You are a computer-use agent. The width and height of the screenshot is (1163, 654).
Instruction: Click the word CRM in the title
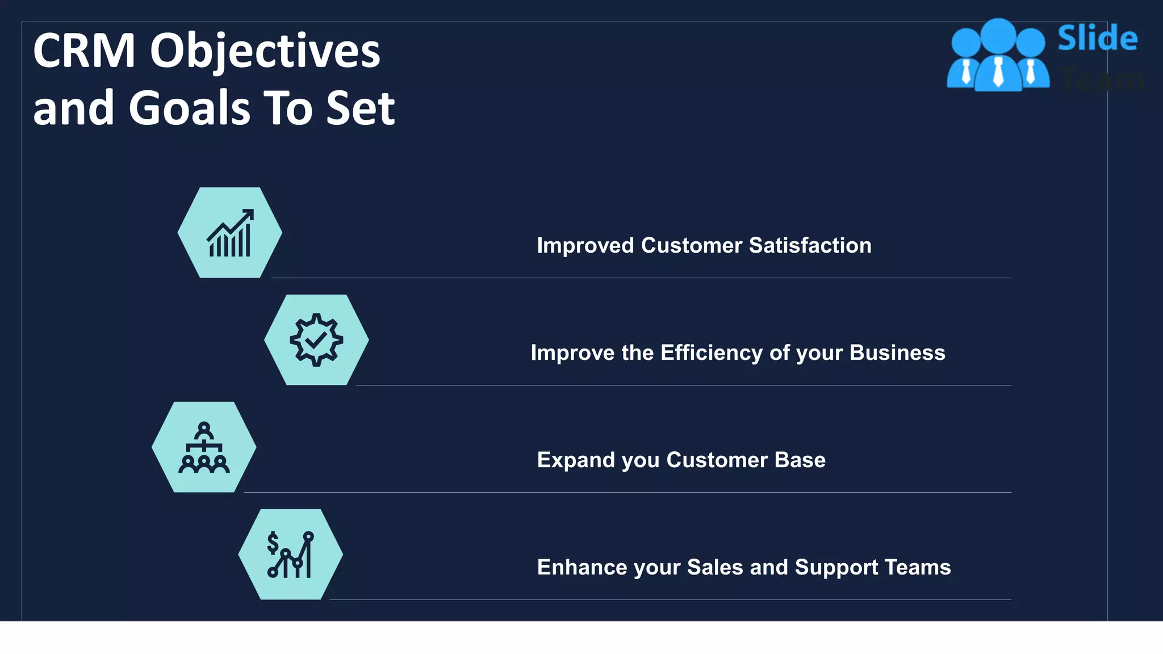coord(84,51)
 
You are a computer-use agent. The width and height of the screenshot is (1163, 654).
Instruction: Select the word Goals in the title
coord(189,108)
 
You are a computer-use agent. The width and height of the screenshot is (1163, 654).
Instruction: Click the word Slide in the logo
coord(1097,39)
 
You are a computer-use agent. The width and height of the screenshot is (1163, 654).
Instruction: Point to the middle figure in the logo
coord(998,57)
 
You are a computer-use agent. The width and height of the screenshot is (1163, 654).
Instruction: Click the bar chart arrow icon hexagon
coord(229,233)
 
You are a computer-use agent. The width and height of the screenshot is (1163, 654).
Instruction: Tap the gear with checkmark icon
coord(316,339)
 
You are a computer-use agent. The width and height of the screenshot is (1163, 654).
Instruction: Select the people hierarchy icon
coord(204,447)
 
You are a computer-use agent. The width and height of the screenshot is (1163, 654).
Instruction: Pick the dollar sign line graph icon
coord(290,555)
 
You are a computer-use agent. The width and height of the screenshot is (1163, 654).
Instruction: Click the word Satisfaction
coord(810,245)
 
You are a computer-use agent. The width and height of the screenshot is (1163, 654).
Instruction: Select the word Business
coord(897,353)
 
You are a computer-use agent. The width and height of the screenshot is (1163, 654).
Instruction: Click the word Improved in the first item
coord(585,246)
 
